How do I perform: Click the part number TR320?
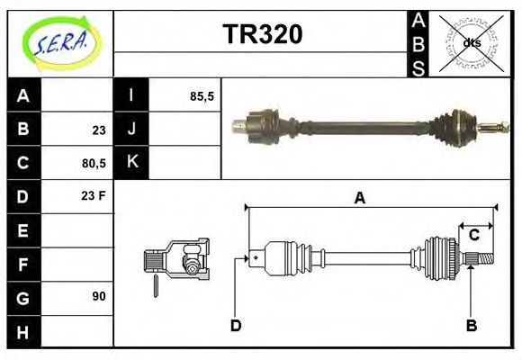(x=262, y=34)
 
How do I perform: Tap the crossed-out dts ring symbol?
(x=471, y=42)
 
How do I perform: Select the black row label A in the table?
(x=23, y=95)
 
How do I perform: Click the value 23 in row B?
(x=99, y=130)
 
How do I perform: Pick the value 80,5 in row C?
(x=94, y=164)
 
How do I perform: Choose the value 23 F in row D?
(x=94, y=195)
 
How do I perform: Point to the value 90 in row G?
(x=99, y=295)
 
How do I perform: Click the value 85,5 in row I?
(x=202, y=95)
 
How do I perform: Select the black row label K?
(x=131, y=163)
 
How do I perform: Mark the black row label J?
(x=131, y=130)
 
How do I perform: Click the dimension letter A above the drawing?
(x=359, y=198)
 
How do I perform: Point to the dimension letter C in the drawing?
(x=473, y=236)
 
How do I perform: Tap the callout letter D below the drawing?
(x=236, y=325)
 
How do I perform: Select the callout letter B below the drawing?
(x=470, y=325)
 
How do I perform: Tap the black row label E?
(x=23, y=230)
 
